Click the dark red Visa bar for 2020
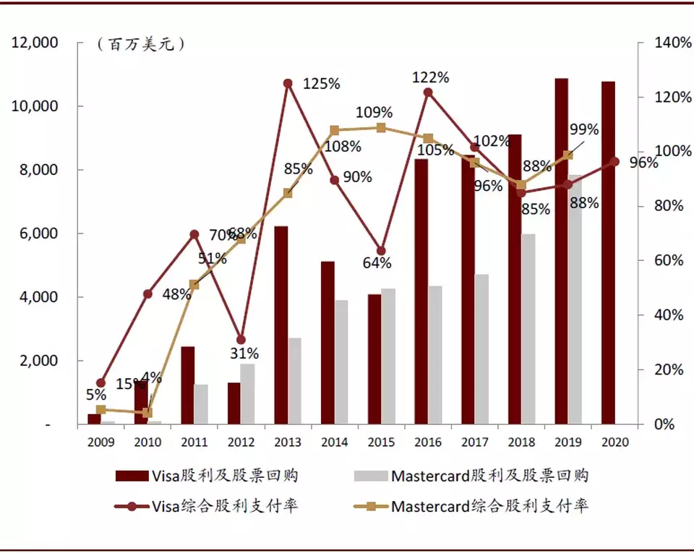[608, 253]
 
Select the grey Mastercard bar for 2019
[575, 299]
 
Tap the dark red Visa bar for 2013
[281, 325]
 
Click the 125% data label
[321, 84]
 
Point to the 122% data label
[431, 77]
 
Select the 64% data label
[377, 262]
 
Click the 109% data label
[374, 113]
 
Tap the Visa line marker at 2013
[288, 84]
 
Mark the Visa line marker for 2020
[615, 161]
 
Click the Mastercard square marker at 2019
[568, 155]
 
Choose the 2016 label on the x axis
[428, 442]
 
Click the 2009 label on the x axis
[100, 442]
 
